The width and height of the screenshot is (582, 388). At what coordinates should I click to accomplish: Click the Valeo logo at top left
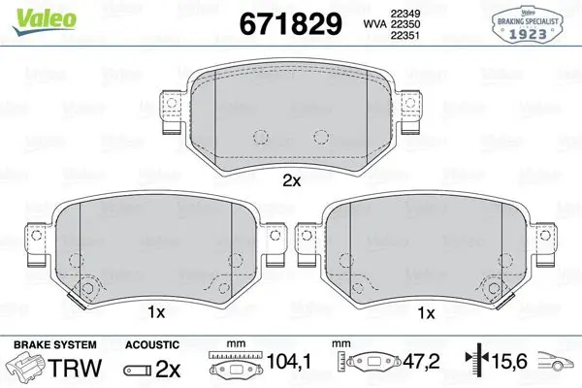(x=45, y=21)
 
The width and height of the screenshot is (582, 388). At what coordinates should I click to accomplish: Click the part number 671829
(x=290, y=24)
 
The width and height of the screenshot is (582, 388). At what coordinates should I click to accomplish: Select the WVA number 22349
(x=404, y=14)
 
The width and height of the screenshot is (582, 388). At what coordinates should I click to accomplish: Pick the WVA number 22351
(x=404, y=35)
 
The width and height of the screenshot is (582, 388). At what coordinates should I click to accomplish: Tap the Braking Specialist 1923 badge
(x=528, y=24)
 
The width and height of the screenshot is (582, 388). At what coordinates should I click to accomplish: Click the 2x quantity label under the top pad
(x=292, y=181)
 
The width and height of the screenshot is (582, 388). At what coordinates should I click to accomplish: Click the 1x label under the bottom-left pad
(x=156, y=312)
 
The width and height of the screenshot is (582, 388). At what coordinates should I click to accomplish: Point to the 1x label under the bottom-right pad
(x=426, y=313)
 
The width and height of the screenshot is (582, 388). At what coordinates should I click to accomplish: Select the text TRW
(x=76, y=368)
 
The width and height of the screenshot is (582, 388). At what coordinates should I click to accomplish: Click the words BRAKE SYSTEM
(x=55, y=345)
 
